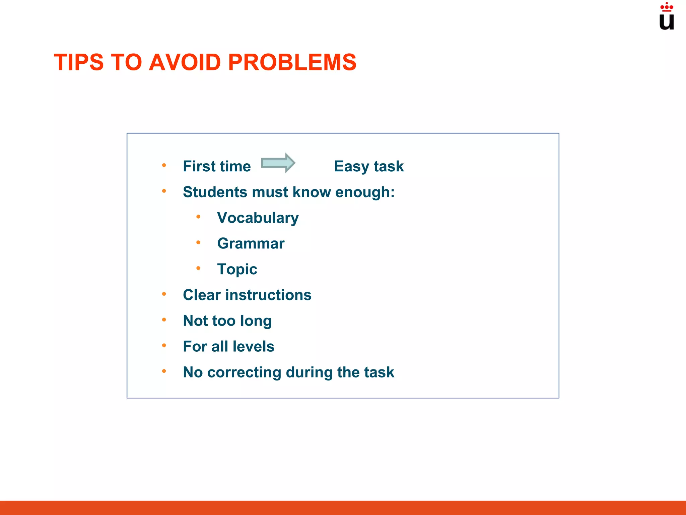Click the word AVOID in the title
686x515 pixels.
[x=185, y=62]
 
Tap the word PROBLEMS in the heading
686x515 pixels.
[x=292, y=62]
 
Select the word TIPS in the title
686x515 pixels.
[x=79, y=62]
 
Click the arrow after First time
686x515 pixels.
[x=278, y=163]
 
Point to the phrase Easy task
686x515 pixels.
[x=369, y=166]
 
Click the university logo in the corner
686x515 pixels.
[x=667, y=17]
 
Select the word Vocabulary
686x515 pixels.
[x=258, y=218]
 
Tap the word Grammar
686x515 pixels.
[x=251, y=243]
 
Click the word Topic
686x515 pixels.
[x=237, y=269]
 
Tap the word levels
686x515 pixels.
[x=254, y=346]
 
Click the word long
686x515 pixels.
[x=256, y=321]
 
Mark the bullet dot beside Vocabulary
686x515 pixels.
[x=198, y=217]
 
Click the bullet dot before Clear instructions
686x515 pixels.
[x=164, y=294]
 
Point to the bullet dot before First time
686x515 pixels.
[x=164, y=165]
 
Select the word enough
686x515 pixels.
[x=364, y=192]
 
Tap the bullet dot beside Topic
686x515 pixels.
[x=198, y=268]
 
